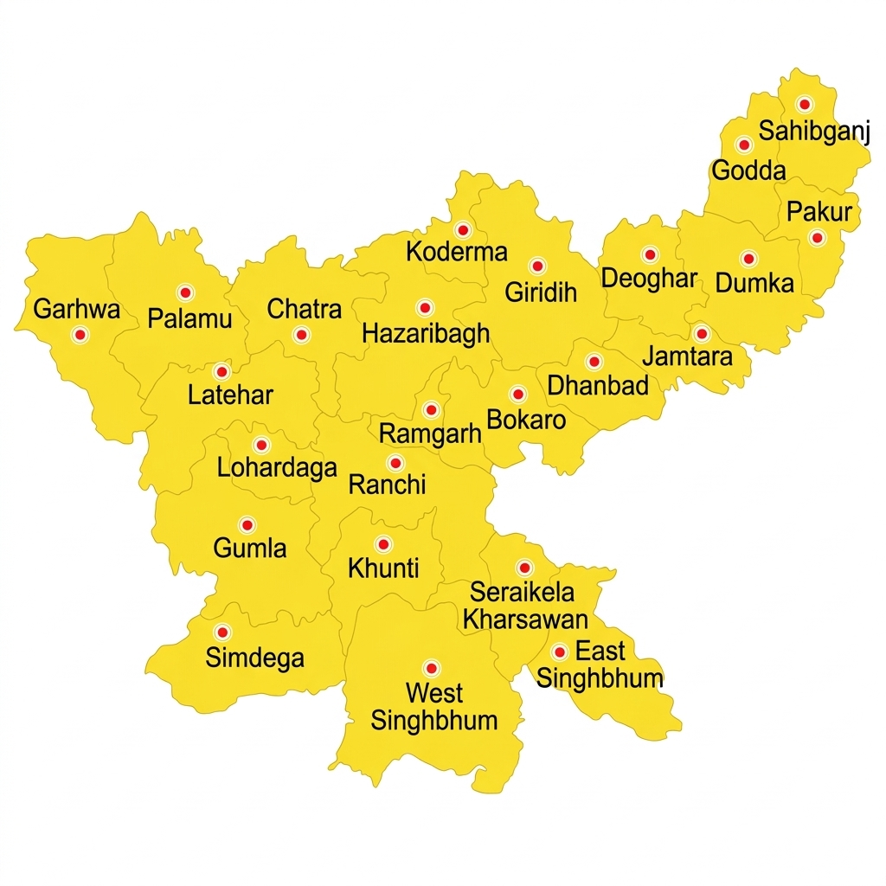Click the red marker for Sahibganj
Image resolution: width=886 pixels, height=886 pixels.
pyautogui.click(x=805, y=104)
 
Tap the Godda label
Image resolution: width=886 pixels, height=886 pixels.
pyautogui.click(x=748, y=170)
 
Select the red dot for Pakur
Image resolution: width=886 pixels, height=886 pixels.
pyautogui.click(x=817, y=237)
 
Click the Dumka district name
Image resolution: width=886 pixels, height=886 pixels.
pyautogui.click(x=754, y=283)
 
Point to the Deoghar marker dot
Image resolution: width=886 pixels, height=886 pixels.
pyautogui.click(x=650, y=254)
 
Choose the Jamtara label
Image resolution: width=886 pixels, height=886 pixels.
pyautogui.click(x=687, y=356)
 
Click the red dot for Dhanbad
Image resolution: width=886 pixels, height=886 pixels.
pyautogui.click(x=594, y=362)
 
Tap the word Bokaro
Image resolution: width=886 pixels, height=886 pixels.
pyautogui.click(x=526, y=421)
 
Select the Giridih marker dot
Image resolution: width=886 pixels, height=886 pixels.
pyautogui.click(x=537, y=266)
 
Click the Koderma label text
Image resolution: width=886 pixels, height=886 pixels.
pyautogui.click(x=457, y=253)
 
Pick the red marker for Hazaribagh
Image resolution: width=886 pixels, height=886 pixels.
pyautogui.click(x=424, y=308)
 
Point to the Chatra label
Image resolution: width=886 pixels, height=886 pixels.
pyautogui.click(x=305, y=309)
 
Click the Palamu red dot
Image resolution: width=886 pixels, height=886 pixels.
pyautogui.click(x=184, y=292)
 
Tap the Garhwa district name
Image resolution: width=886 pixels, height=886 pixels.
pyautogui.click(x=77, y=309)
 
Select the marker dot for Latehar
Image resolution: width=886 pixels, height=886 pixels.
pyautogui.click(x=221, y=372)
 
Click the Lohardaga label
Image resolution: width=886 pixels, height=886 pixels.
pyautogui.click(x=277, y=468)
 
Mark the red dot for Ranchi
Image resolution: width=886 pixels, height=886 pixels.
pyautogui.click(x=395, y=463)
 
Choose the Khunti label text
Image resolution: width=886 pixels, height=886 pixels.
pyautogui.click(x=383, y=568)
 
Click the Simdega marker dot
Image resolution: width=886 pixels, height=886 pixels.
pyautogui.click(x=222, y=632)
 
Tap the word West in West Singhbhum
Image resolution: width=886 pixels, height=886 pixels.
pyautogui.click(x=434, y=693)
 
